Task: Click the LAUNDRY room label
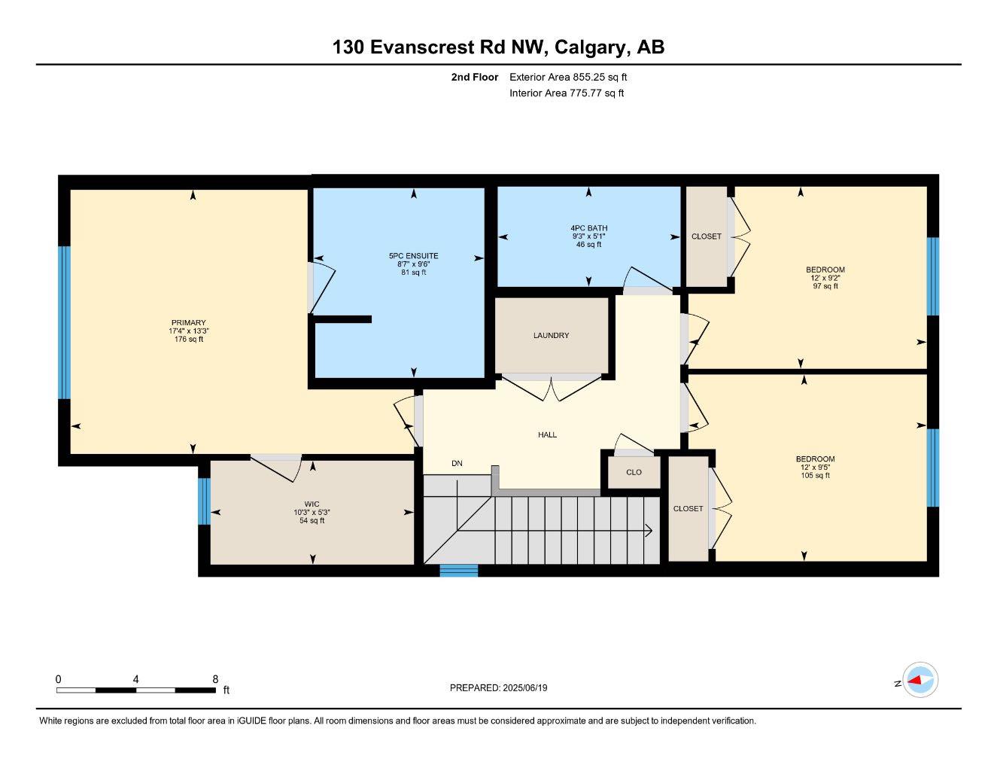pos(551,336)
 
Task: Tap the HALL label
pos(547,434)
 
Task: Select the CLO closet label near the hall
pos(634,472)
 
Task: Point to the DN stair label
pos(457,464)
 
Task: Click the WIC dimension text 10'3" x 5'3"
pos(312,513)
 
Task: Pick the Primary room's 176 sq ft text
pos(189,339)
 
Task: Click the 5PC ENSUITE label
pos(413,256)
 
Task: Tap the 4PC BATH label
pos(589,228)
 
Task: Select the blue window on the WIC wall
pos(204,501)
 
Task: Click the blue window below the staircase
pos(459,571)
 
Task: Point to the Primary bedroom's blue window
pos(64,322)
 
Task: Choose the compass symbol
pos(920,680)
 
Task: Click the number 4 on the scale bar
pos(135,679)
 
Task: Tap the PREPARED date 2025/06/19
pos(525,688)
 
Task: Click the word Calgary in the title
pos(590,47)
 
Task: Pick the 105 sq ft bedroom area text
pos(816,475)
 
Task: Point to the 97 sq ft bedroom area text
pos(825,286)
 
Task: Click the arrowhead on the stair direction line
pos(649,531)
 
